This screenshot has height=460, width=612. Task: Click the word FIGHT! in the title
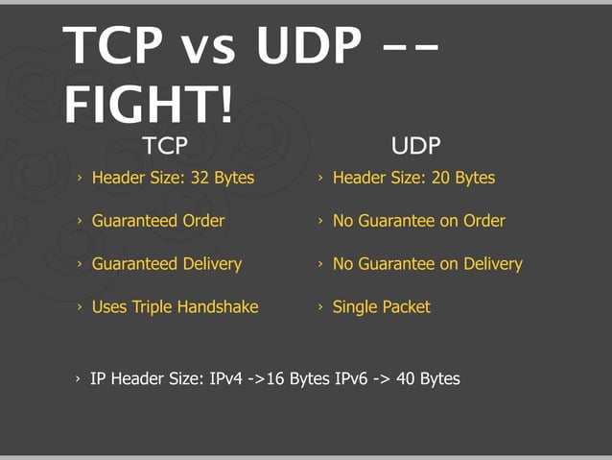click(149, 103)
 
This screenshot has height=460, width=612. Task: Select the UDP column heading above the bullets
click(415, 146)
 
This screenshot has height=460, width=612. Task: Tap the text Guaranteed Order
click(157, 221)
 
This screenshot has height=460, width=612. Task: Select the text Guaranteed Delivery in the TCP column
click(166, 263)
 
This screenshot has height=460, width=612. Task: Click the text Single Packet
click(381, 307)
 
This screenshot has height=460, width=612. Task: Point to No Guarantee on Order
click(418, 221)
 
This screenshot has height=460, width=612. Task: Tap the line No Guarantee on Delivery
click(427, 263)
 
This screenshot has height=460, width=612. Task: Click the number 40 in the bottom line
click(405, 378)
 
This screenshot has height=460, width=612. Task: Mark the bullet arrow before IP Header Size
click(79, 379)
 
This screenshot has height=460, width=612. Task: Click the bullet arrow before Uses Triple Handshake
click(81, 307)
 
